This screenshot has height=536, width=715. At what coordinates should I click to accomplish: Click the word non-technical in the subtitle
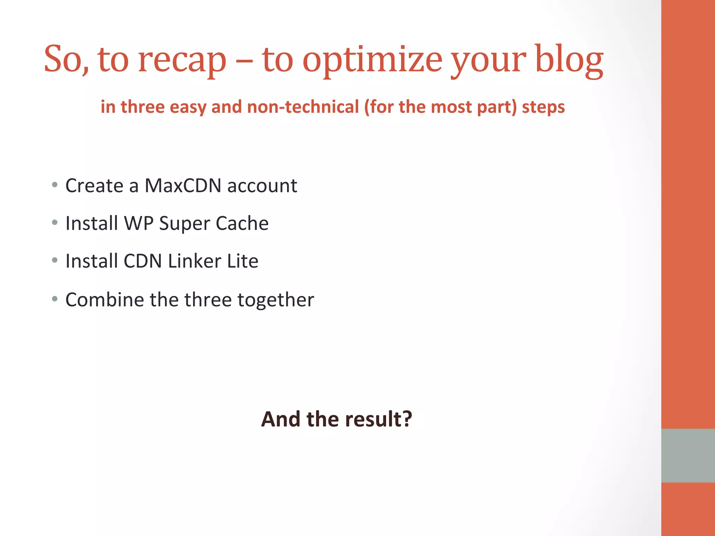coord(303,107)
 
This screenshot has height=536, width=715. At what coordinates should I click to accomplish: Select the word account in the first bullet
coord(262,186)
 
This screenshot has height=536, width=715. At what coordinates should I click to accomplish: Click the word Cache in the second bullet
coord(242,223)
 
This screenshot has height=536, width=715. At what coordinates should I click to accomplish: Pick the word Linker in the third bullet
coord(194,261)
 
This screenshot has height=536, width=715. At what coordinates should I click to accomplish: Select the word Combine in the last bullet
coord(105,300)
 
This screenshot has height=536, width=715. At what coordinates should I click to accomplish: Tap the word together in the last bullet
coord(275,300)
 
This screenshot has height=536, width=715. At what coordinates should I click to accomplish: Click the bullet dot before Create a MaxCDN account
coord(54,185)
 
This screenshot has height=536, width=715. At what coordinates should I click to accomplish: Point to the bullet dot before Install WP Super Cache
coord(54,222)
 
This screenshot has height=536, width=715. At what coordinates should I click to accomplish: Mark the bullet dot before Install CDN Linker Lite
coord(54,260)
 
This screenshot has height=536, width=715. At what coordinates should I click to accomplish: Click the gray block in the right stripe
coord(688,455)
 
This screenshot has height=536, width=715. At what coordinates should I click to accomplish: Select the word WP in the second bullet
coord(139,223)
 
